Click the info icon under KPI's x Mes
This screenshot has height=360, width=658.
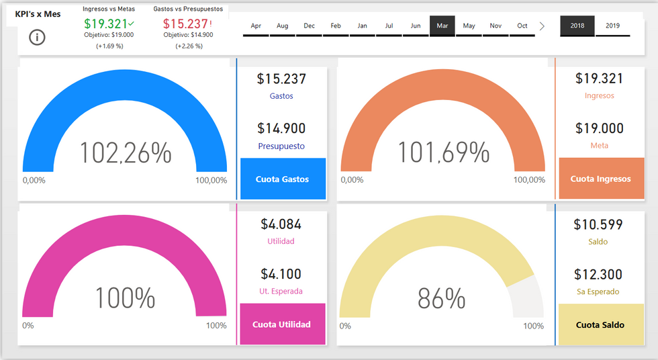click(x=38, y=38)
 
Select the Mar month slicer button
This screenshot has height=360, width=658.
click(x=442, y=26)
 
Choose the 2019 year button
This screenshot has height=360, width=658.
click(x=612, y=26)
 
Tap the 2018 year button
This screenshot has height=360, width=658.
click(x=577, y=26)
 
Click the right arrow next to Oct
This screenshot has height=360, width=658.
click(x=543, y=26)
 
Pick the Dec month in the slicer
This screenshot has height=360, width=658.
click(x=309, y=26)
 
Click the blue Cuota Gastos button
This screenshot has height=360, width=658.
click(x=283, y=179)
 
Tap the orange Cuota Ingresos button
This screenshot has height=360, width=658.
click(x=600, y=179)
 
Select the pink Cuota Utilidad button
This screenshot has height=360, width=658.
click(x=282, y=324)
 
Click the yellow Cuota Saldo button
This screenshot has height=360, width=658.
click(x=600, y=324)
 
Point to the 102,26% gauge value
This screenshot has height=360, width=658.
click(x=126, y=153)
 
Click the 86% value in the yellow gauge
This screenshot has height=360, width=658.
click(x=441, y=298)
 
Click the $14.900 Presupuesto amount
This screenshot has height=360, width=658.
click(x=281, y=128)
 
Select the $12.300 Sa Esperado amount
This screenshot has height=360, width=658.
click(x=598, y=274)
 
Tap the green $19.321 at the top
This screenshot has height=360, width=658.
click(x=106, y=24)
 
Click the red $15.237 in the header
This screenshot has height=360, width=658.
click(x=185, y=24)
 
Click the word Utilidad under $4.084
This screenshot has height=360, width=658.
click(x=281, y=241)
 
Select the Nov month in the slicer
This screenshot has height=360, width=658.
click(x=496, y=26)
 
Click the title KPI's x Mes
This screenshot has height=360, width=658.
click(x=38, y=13)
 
